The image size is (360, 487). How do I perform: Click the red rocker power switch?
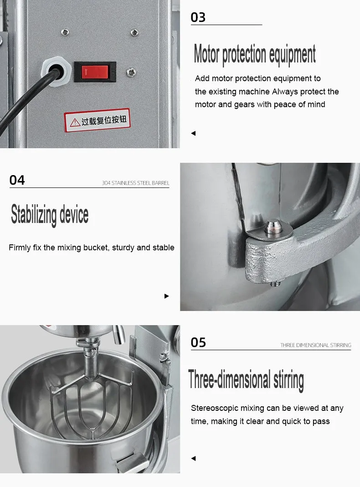[95, 72]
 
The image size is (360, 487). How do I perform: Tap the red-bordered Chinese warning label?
[97, 120]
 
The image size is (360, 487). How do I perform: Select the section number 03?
[198, 17]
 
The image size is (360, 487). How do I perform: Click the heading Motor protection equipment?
[255, 54]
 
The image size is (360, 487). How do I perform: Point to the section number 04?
[17, 180]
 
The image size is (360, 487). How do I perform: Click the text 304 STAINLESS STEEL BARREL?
[136, 183]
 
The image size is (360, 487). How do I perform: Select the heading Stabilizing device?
[50, 215]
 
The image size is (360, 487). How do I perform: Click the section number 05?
[198, 342]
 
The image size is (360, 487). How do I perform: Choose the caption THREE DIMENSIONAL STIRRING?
[316, 345]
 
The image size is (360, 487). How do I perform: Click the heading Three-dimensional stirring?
[246, 379]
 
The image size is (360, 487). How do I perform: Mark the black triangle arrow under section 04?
[167, 296]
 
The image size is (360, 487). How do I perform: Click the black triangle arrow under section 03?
[193, 133]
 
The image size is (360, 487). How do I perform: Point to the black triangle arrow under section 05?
[193, 458]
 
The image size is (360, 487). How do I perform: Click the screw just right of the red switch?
[131, 73]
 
